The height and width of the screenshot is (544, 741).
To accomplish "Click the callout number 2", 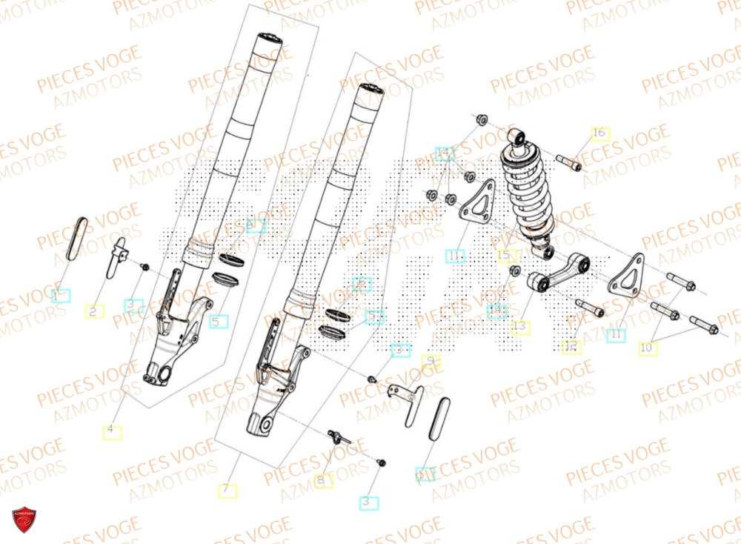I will tap(94, 312).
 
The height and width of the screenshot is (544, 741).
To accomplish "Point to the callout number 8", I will tap(322, 481).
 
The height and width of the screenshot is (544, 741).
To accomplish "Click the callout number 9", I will tap(431, 362).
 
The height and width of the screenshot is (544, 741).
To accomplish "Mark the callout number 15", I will tap(505, 256).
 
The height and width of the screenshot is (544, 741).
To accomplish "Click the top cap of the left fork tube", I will tap(268, 39).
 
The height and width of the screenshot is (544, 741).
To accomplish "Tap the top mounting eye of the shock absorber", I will tap(519, 136).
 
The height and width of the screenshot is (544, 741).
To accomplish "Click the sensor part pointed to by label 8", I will tap(339, 436).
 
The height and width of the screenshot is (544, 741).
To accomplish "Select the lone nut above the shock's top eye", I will tap(480, 119).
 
